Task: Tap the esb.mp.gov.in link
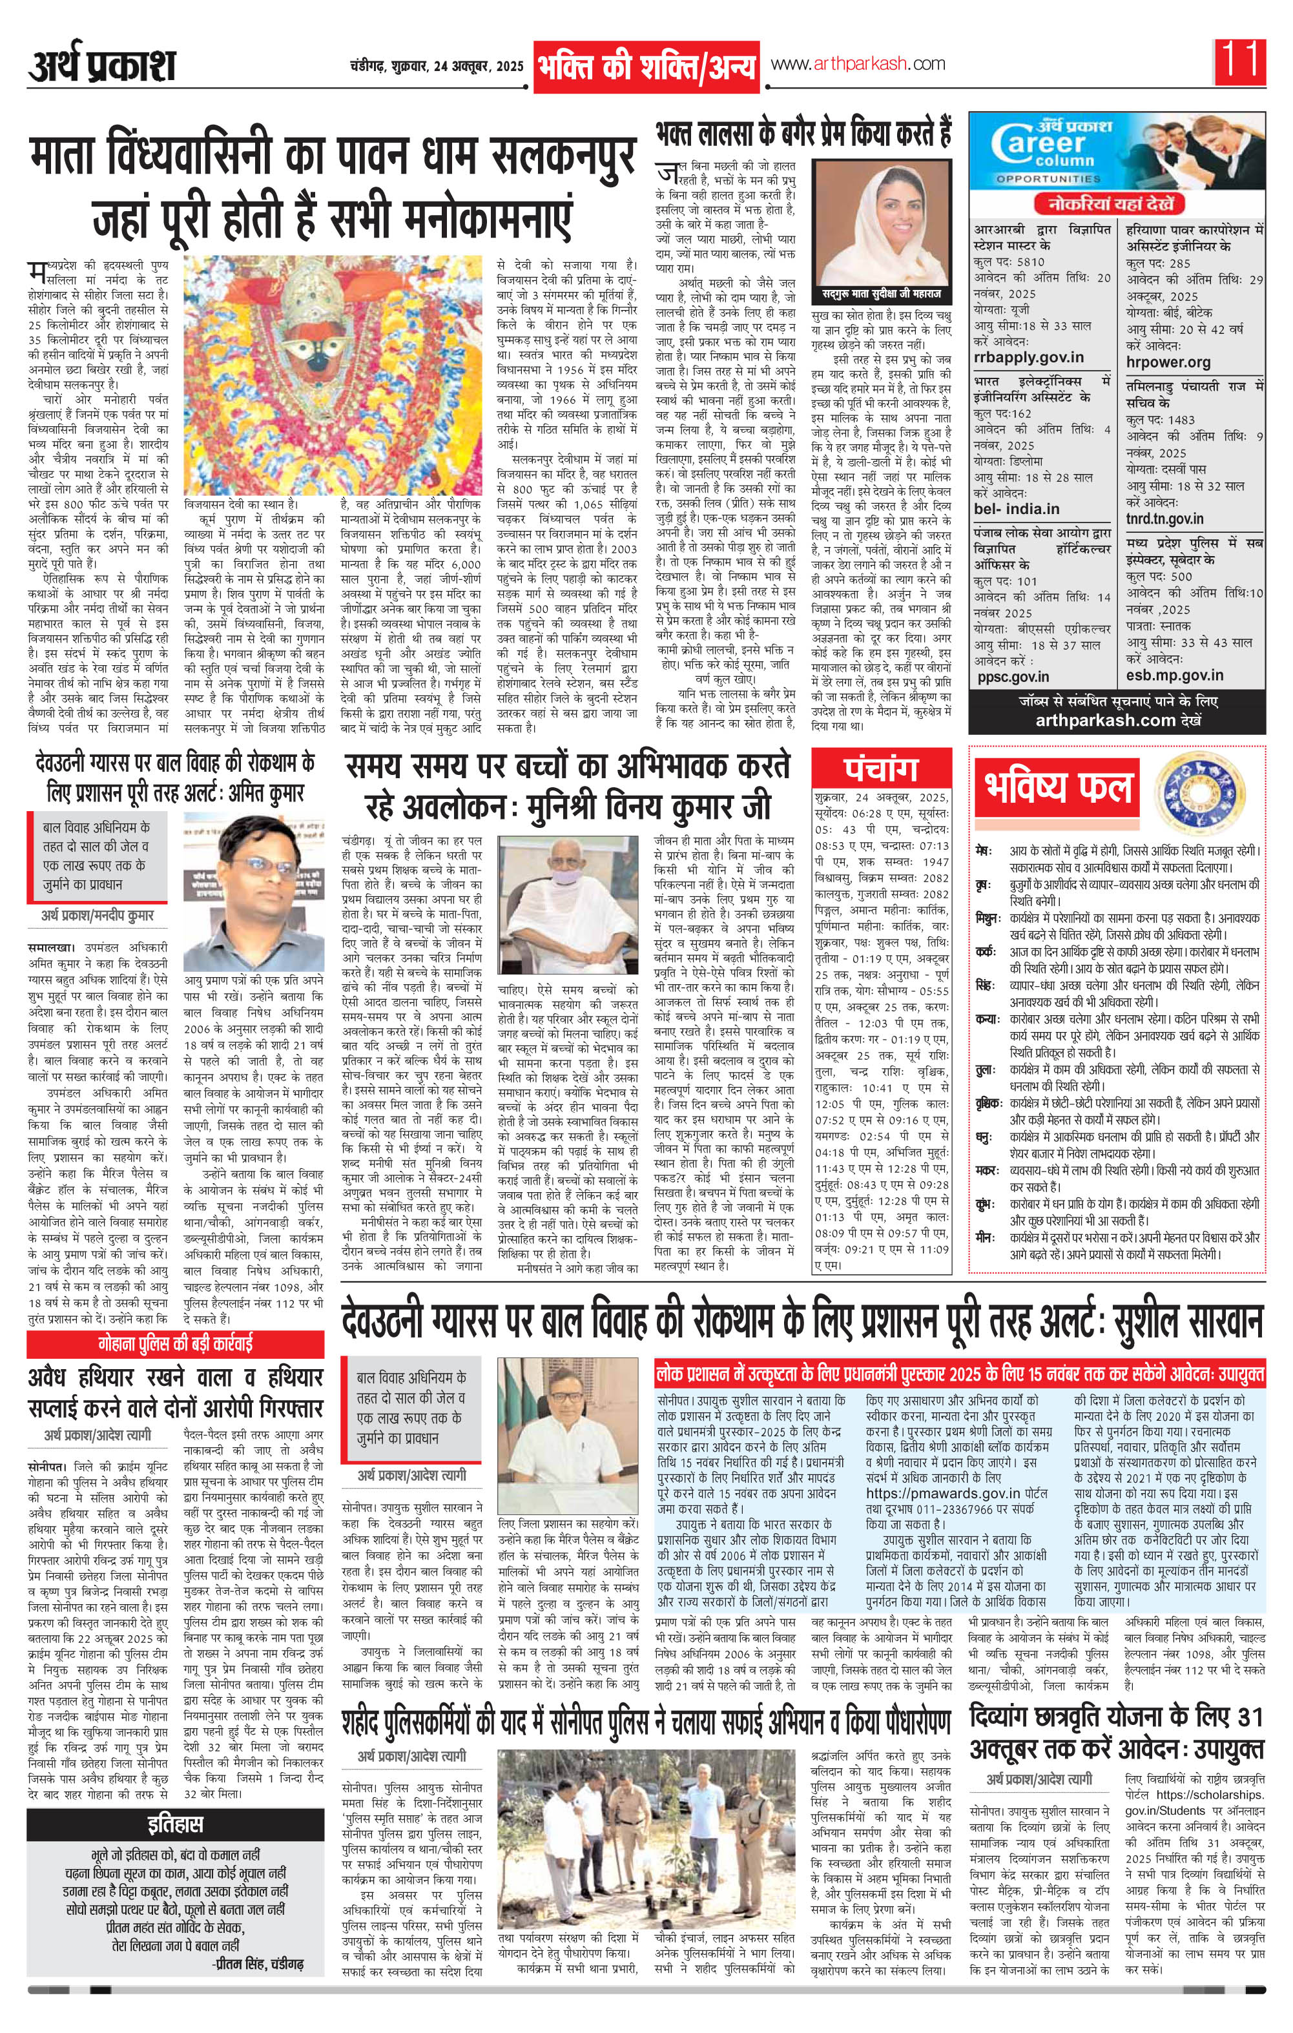[x=1175, y=675]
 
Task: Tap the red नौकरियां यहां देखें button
[x=1109, y=203]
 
